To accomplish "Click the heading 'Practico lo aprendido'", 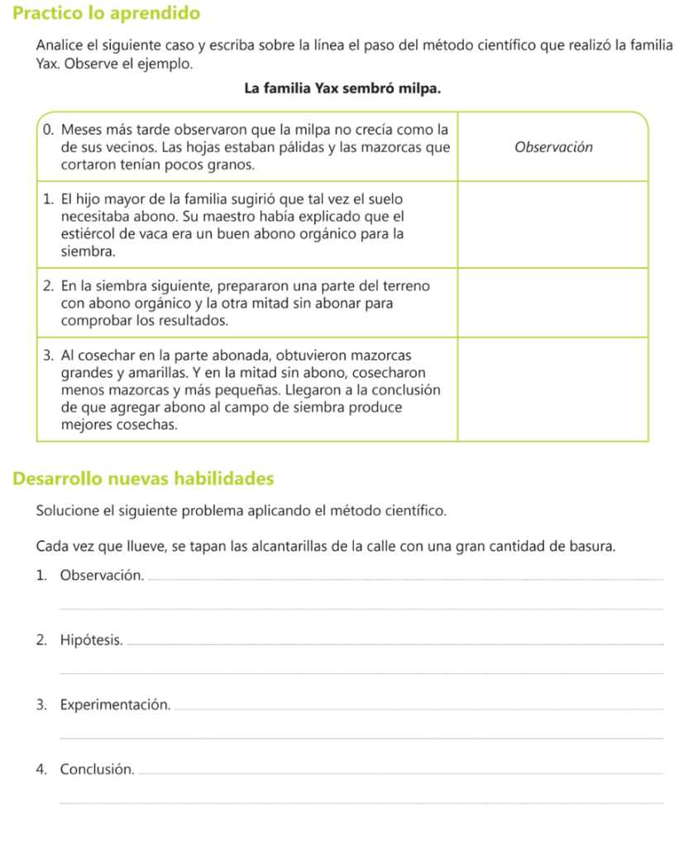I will click(x=108, y=13).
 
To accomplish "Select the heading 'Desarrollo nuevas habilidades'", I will click(x=144, y=478).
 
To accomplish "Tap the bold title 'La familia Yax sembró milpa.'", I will click(x=341, y=89).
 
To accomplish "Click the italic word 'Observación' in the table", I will click(x=553, y=147).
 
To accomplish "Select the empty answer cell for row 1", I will click(x=553, y=224).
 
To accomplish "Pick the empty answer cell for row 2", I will click(x=553, y=303).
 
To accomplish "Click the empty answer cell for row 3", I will click(x=553, y=389).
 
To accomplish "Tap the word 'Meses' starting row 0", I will click(x=82, y=130).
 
